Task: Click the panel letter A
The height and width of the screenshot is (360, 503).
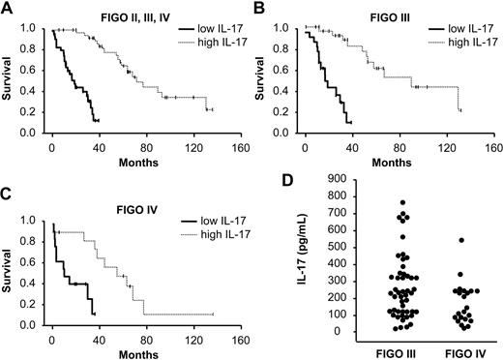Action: [8, 9]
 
